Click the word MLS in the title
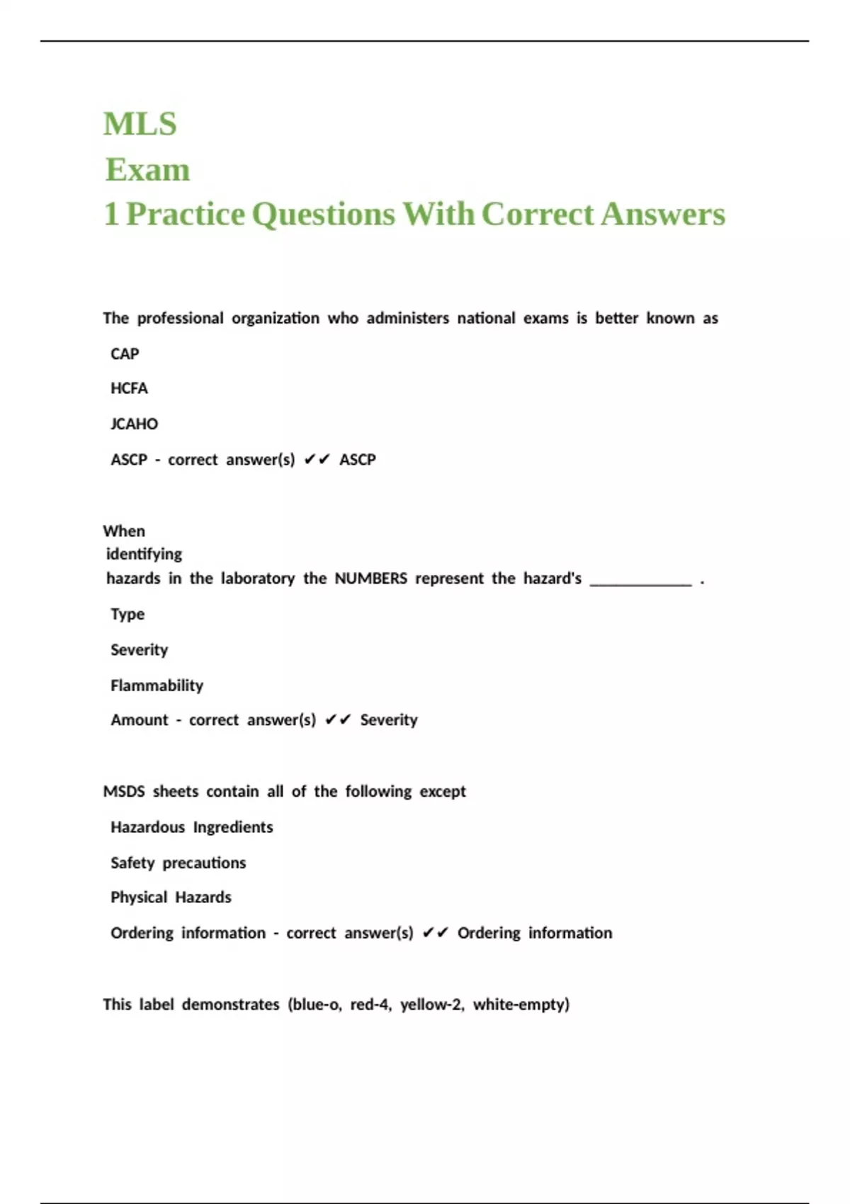point(140,124)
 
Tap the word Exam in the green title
point(147,170)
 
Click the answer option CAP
point(125,353)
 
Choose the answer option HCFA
point(129,388)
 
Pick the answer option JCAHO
point(134,424)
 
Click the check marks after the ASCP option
point(317,460)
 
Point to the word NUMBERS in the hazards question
point(370,579)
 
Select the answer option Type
point(127,614)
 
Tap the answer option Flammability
point(157,685)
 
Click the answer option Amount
point(140,720)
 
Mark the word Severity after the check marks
point(389,720)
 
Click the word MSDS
point(124,791)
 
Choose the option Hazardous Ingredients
point(191,827)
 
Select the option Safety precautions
point(178,863)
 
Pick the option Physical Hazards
point(171,897)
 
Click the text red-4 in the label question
point(370,1004)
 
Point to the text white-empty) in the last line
point(521,1004)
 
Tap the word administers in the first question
point(407,319)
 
